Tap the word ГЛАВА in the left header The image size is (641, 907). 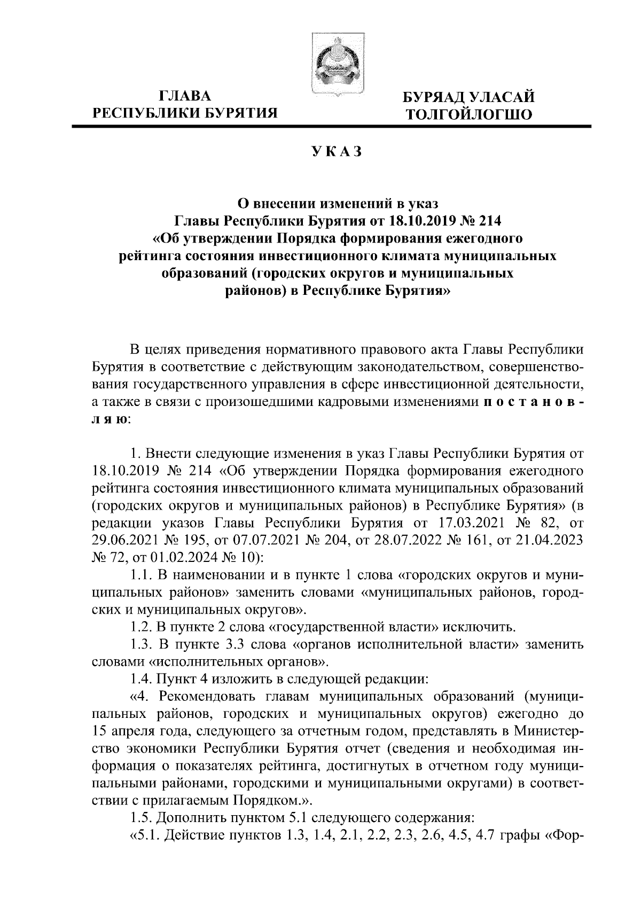tap(185, 97)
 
